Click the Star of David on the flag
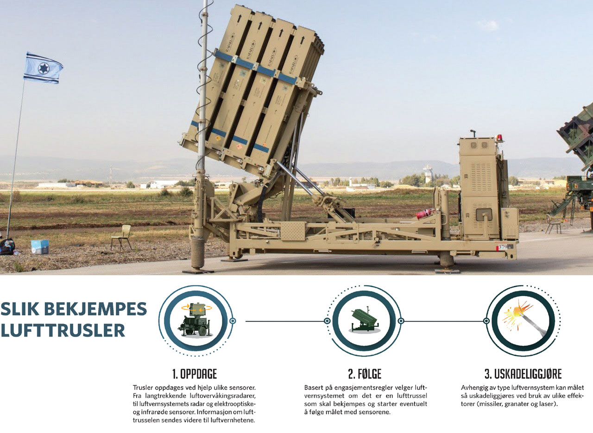click(x=44, y=68)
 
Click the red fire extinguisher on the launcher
click(x=425, y=213)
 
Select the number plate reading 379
click(x=503, y=247)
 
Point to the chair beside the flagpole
click(x=121, y=237)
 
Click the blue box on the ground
click(x=40, y=247)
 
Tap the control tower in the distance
click(x=427, y=174)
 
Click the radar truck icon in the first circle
click(x=196, y=320)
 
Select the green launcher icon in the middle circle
click(x=364, y=321)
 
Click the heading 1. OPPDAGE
click(x=195, y=374)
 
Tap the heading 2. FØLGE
click(x=365, y=374)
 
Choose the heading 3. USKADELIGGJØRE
click(x=523, y=374)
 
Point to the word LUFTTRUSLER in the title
click(x=63, y=330)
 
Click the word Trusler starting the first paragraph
click(x=143, y=388)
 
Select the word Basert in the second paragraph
click(x=314, y=388)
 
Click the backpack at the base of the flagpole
click(x=7, y=246)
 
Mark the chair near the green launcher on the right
click(x=553, y=224)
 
